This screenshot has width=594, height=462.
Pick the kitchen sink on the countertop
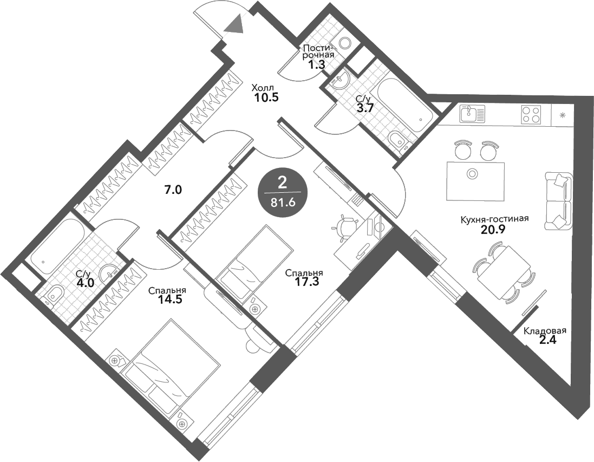point(470,114)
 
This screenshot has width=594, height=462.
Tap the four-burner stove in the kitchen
point(532,114)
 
